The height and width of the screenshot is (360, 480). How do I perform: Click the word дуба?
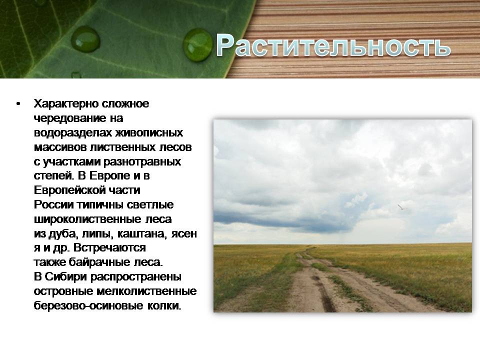60,233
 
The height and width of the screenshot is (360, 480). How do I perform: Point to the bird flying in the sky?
400,206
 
